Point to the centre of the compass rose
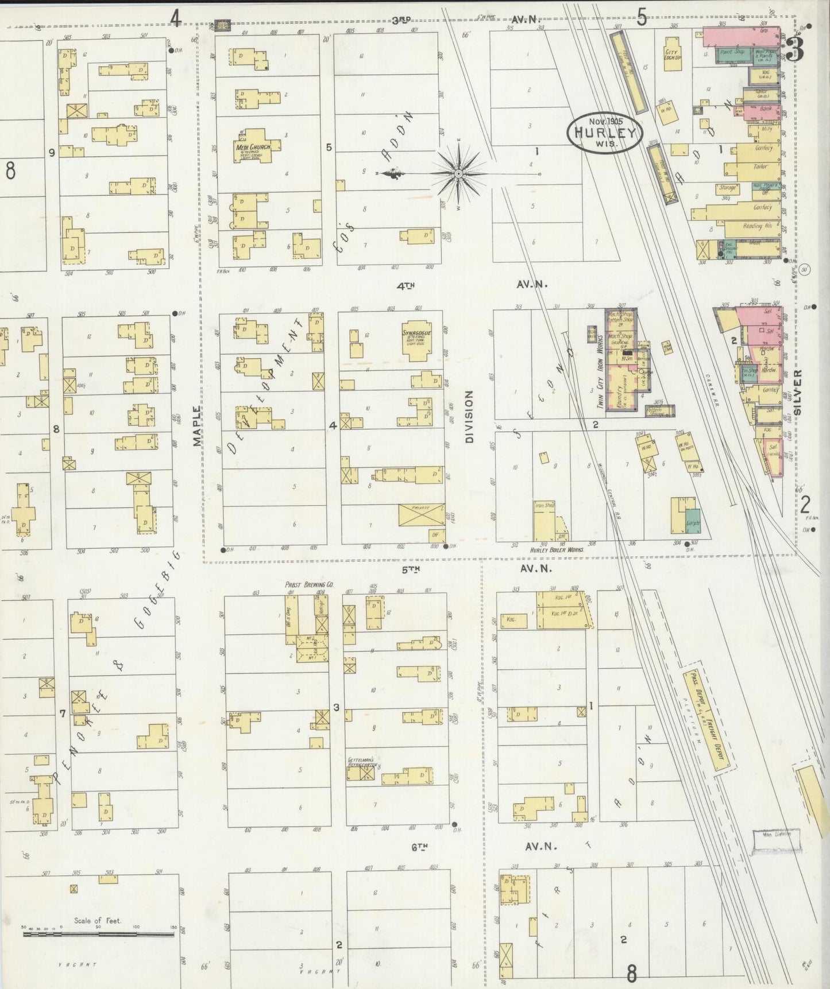tap(458, 173)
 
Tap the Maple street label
tap(198, 425)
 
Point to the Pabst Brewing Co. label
tap(309, 584)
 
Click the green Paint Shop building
tap(731, 53)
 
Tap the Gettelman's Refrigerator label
tap(361, 762)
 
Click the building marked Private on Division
tap(422, 514)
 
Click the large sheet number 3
tap(795, 51)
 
